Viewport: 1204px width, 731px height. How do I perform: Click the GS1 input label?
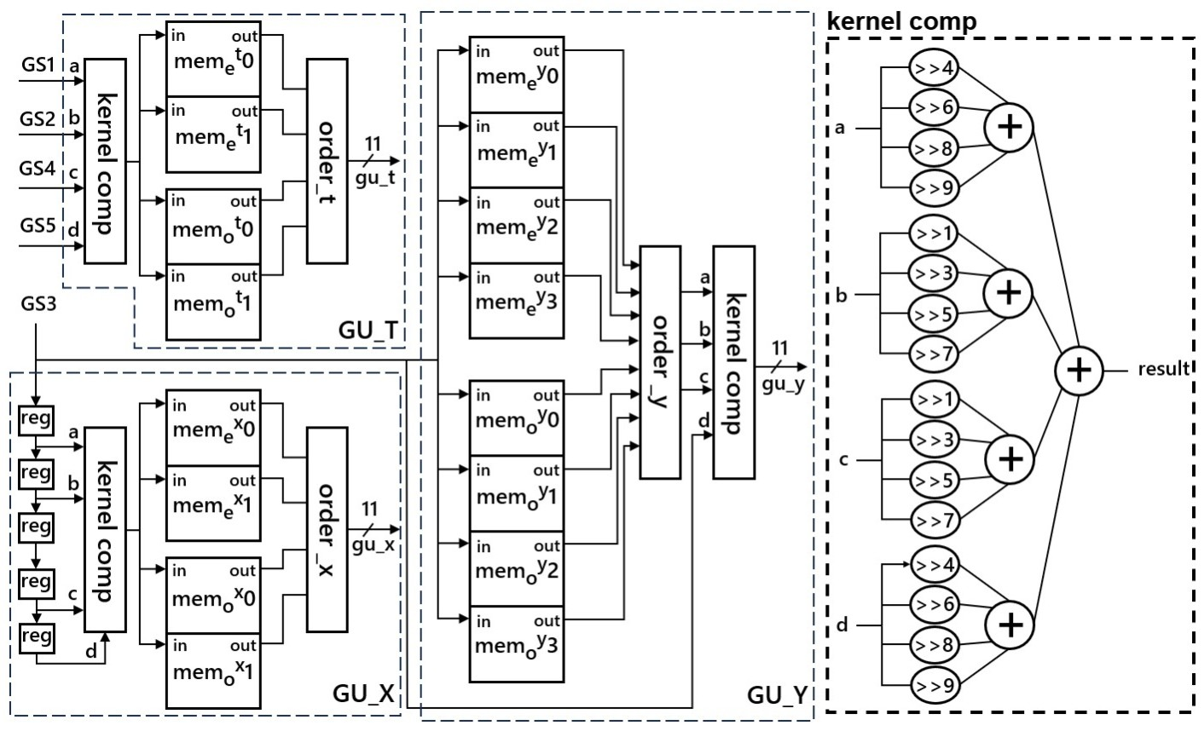(38, 66)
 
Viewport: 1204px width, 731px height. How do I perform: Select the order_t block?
(327, 160)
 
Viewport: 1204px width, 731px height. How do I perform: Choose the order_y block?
(660, 362)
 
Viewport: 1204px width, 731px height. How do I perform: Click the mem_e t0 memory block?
(212, 59)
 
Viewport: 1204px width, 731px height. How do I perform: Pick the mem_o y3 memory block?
(516, 643)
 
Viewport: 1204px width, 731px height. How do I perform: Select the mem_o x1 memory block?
(212, 671)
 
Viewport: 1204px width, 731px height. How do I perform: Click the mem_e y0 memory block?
(516, 74)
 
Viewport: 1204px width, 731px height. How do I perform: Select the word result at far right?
(1163, 369)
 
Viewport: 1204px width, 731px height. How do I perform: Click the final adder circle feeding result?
(1079, 370)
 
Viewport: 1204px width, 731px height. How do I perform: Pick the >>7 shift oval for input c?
(935, 519)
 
